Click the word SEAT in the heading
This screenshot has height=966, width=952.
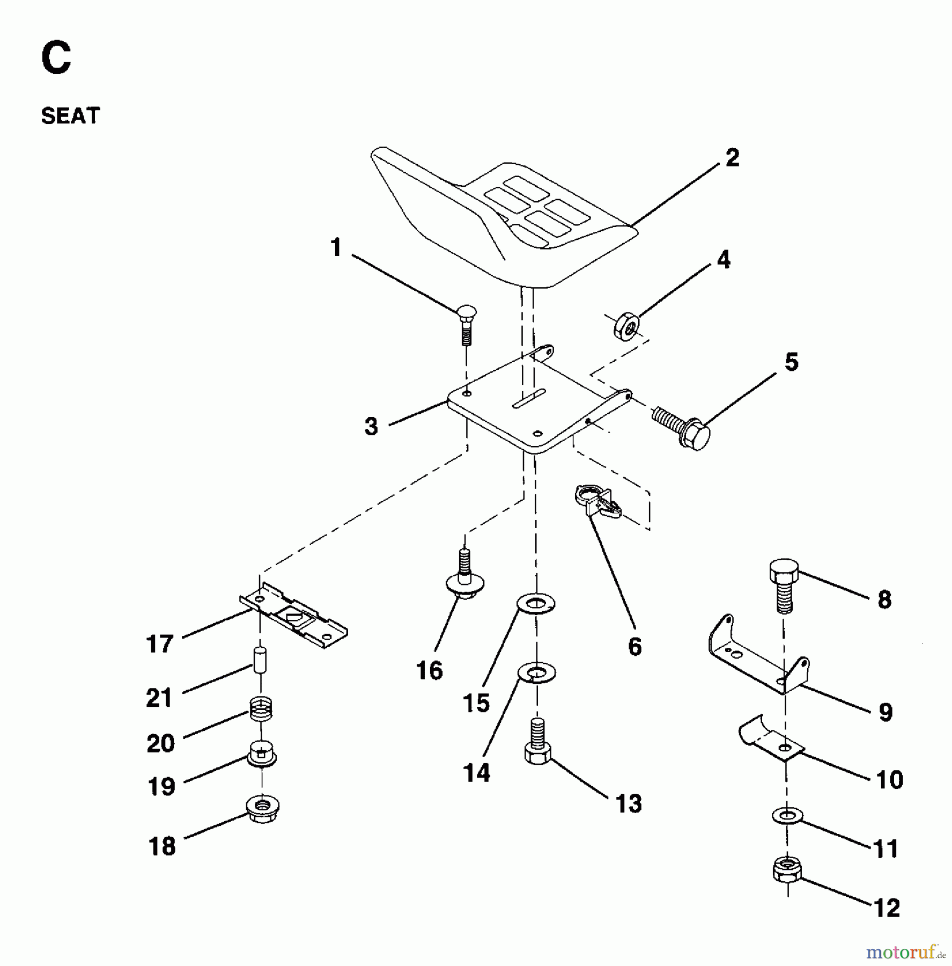[70, 116]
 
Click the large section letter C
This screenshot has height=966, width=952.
[56, 59]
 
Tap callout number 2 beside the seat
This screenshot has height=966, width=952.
[732, 158]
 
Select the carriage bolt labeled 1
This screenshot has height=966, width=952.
[467, 324]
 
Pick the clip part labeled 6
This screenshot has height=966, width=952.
[597, 501]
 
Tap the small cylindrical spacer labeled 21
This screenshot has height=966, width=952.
[260, 664]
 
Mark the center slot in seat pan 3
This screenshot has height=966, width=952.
[529, 400]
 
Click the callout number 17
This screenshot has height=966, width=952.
[159, 644]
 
